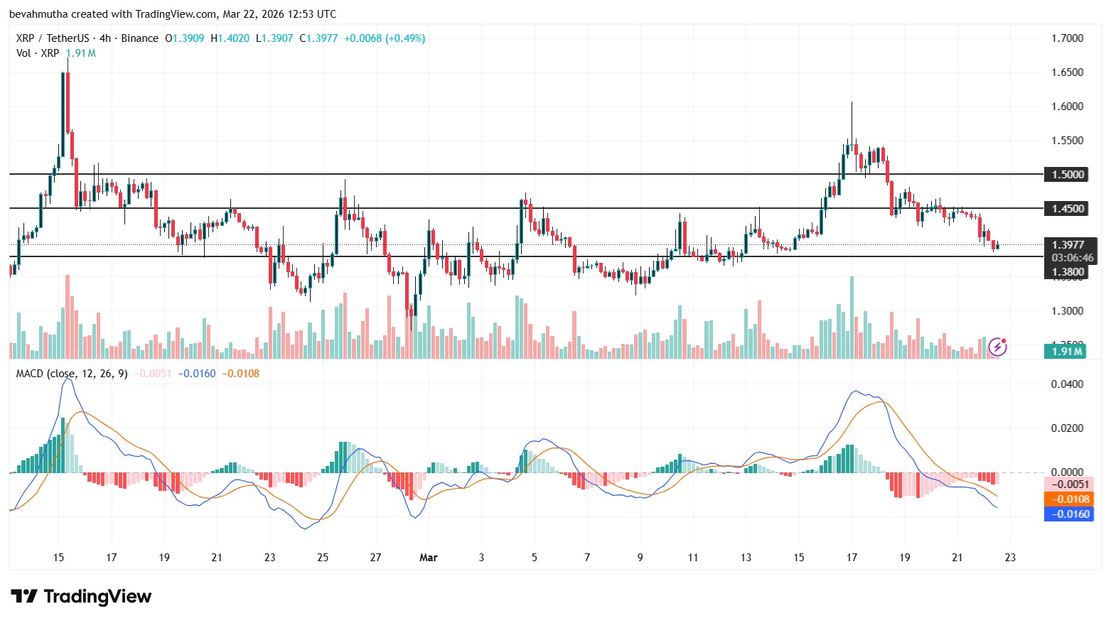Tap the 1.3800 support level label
click(1068, 271)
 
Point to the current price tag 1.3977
click(1068, 244)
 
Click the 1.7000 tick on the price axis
click(1067, 38)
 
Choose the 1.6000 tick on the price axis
click(1067, 107)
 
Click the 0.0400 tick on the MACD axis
click(1067, 384)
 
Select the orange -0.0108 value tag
click(1068, 499)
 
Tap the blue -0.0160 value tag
click(1068, 514)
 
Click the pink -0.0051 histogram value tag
click(1068, 484)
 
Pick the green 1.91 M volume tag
click(1067, 351)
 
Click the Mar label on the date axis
click(428, 558)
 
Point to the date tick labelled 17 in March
click(852, 558)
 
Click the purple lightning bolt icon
click(998, 347)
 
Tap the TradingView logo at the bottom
click(81, 597)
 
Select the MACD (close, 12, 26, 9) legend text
click(72, 374)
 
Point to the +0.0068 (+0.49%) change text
click(384, 38)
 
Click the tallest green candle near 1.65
click(63, 114)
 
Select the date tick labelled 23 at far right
click(1009, 558)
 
